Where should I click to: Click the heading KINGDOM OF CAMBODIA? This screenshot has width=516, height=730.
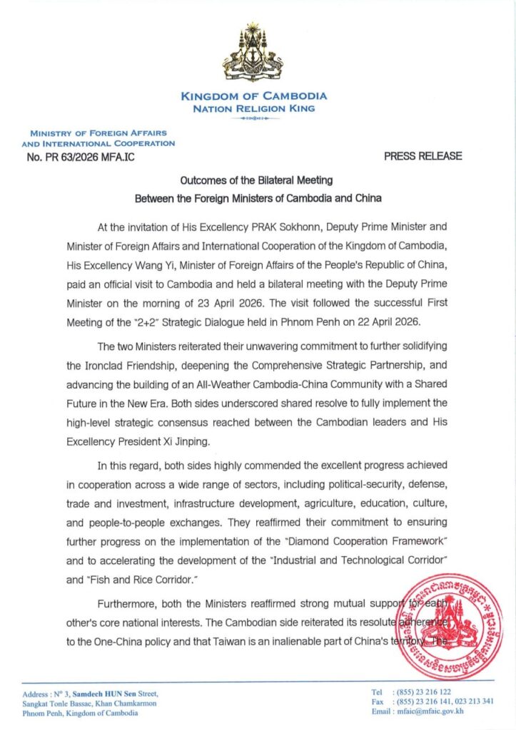[x=254, y=96]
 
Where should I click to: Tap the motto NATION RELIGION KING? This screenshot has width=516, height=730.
[x=254, y=109]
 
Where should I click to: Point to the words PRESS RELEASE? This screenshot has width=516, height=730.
[x=423, y=155]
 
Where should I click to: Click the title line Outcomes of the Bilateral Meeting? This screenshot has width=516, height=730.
[x=255, y=181]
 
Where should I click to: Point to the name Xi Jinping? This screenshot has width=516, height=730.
[x=180, y=441]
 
